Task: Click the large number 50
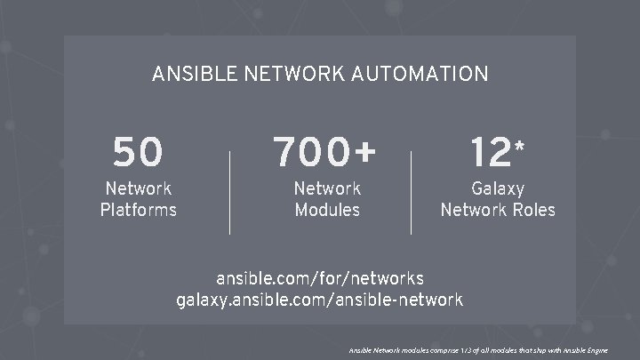coord(138,153)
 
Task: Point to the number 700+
coord(325,153)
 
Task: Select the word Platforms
coord(138,211)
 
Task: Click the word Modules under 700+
coord(327,211)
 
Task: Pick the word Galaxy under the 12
coord(498,189)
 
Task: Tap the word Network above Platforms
coord(138,189)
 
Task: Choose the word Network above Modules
coord(327,189)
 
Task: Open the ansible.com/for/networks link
coord(320,279)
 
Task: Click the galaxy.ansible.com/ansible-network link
coord(320,300)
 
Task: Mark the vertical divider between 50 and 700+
coord(229,191)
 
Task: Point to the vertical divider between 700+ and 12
coord(411,191)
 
